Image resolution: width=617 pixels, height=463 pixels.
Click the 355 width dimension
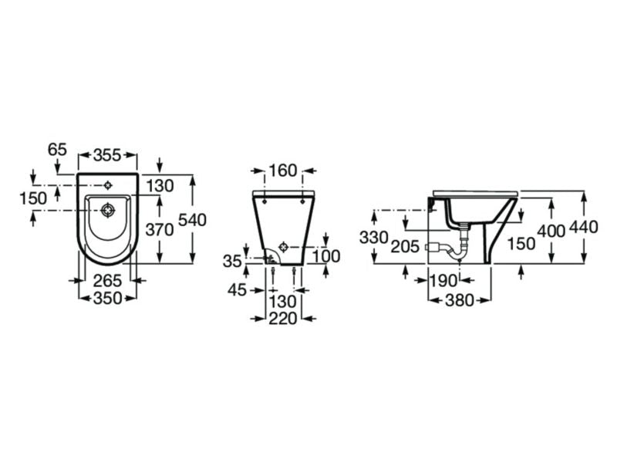107,155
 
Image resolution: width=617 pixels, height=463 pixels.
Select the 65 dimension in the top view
57,149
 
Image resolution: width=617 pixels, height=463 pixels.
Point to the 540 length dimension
192,220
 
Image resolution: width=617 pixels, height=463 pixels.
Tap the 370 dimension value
160,229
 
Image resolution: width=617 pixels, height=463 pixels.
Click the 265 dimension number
107,281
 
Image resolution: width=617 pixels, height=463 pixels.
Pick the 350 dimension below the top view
107,298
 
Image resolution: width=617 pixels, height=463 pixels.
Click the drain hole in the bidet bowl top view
107,211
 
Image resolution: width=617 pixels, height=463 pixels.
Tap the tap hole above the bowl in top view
107,184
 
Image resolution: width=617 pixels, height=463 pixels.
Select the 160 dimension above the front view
283,171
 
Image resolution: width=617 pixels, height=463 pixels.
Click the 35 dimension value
232,261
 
